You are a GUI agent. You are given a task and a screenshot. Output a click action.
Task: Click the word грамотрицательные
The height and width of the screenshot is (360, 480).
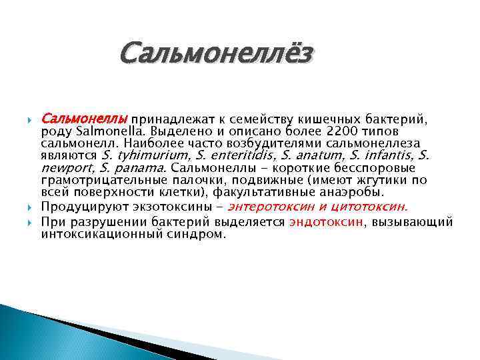[x=103, y=179]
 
